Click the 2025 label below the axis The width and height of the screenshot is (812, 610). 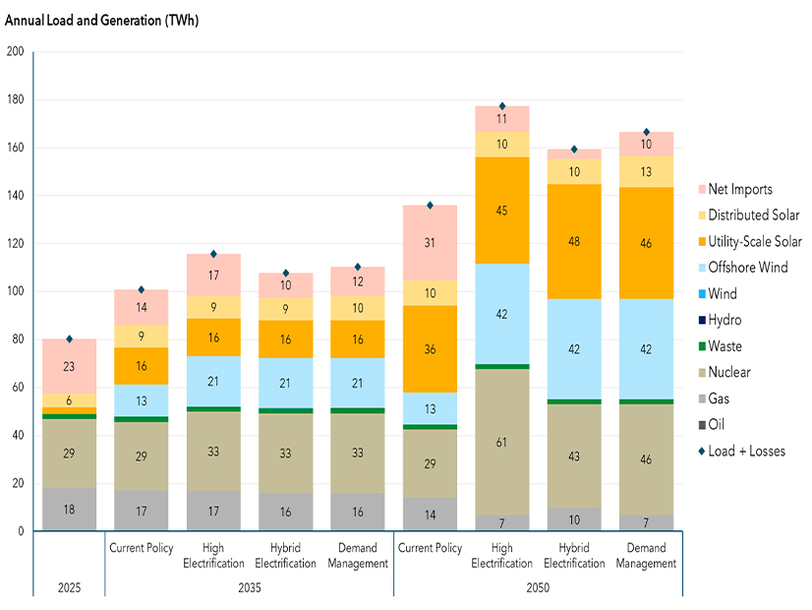(x=69, y=588)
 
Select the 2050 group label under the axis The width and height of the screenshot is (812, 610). (x=537, y=588)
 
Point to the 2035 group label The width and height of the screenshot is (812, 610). (x=249, y=588)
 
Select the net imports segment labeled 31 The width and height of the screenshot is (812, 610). (x=430, y=243)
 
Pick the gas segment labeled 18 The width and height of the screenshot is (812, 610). (x=69, y=510)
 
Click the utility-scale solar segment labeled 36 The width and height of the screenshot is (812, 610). (x=430, y=349)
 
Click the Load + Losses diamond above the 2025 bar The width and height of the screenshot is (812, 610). (x=70, y=339)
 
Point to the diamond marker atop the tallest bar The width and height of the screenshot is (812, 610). (x=502, y=106)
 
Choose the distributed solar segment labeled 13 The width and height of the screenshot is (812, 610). (x=646, y=172)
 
